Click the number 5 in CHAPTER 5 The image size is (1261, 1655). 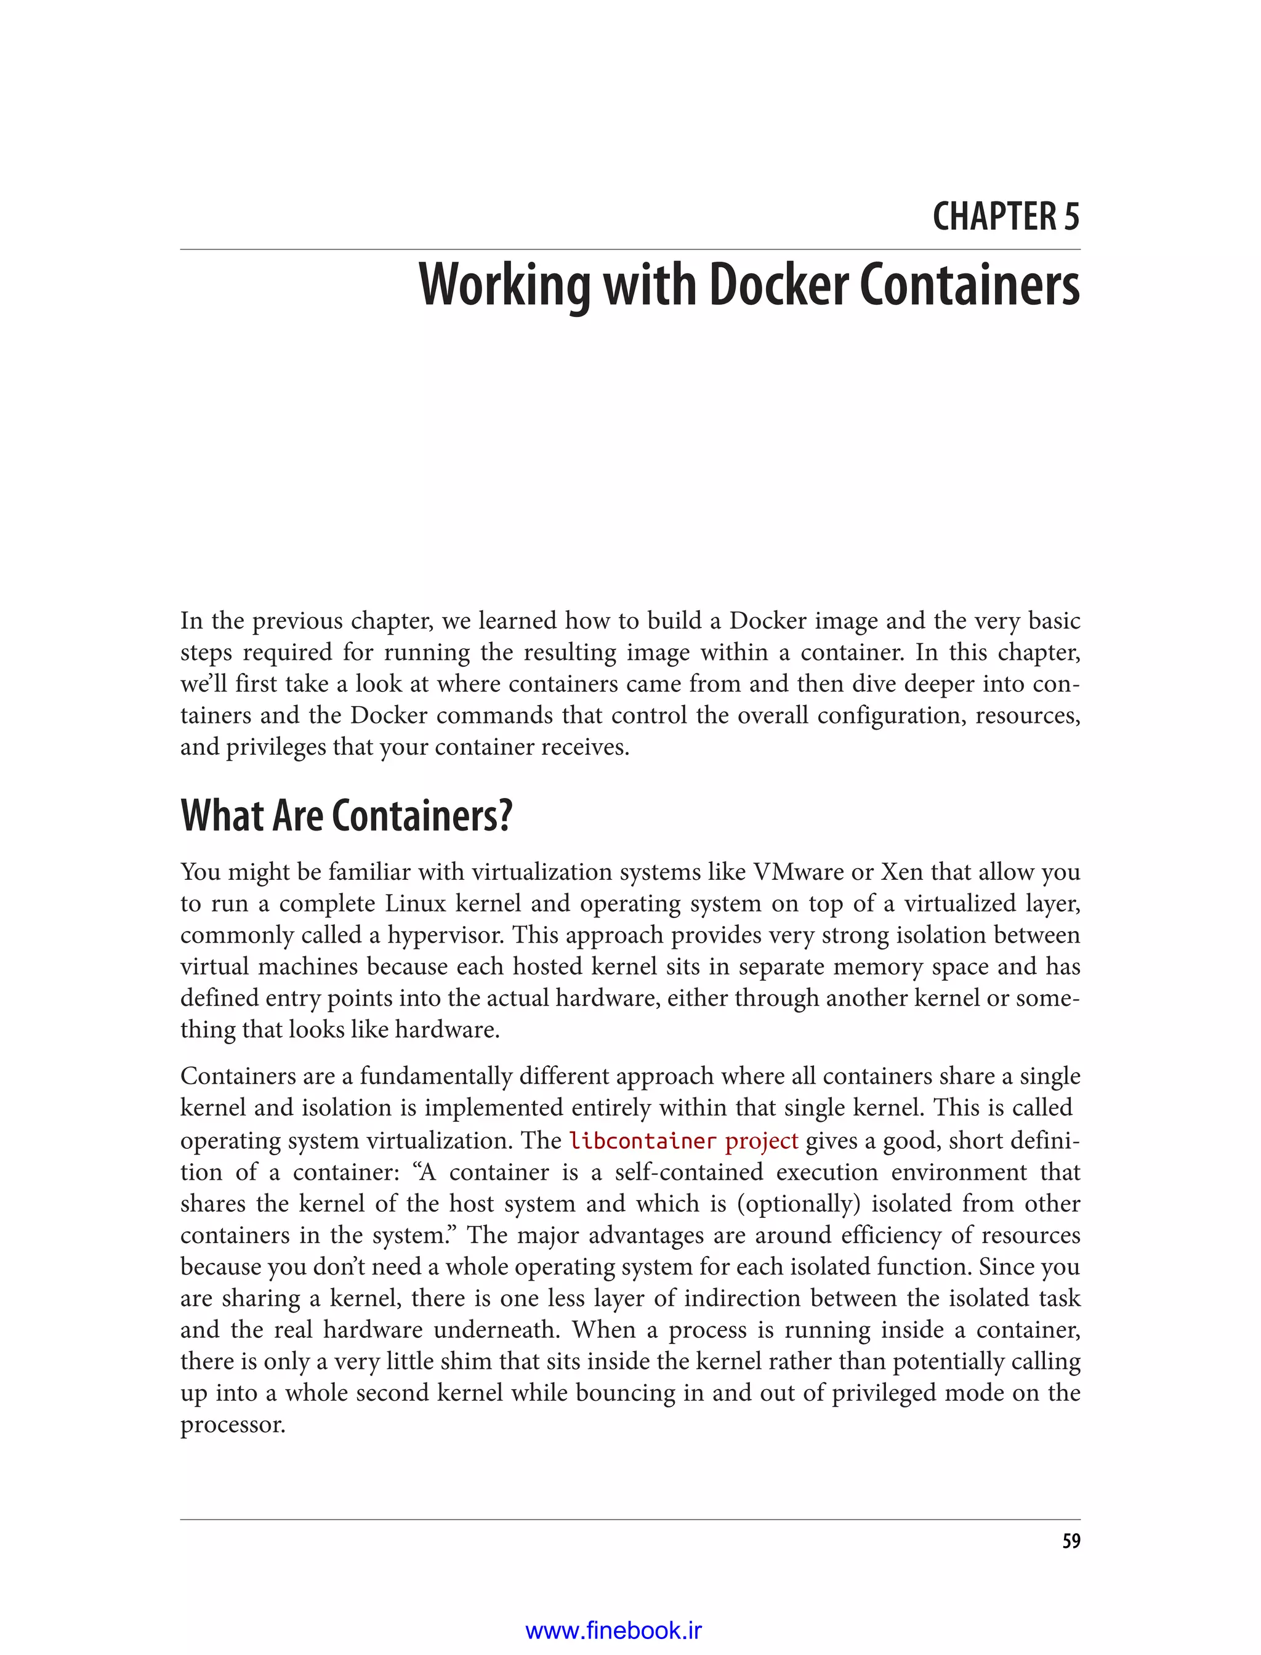pyautogui.click(x=1071, y=217)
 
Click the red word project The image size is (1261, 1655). pyautogui.click(x=761, y=1141)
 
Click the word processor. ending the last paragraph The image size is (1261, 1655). pyautogui.click(x=233, y=1425)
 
